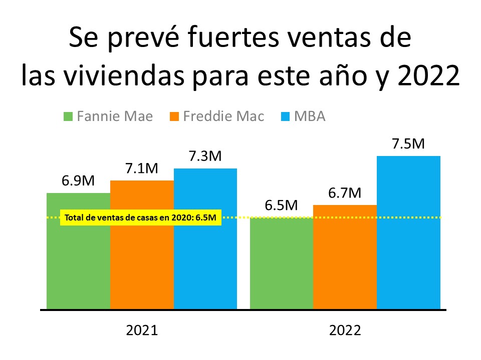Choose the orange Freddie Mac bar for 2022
pos(345,257)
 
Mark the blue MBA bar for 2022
pos(408,232)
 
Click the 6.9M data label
pos(78,181)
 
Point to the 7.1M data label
pos(142,168)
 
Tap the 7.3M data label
pos(205,156)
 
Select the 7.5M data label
pos(408,143)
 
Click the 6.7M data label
pos(345,193)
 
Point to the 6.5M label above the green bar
pos(281,205)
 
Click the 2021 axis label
pos(142,330)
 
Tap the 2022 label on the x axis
pos(345,330)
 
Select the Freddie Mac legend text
pos(223,116)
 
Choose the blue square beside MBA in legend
pos(284,117)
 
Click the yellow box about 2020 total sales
pos(140,217)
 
